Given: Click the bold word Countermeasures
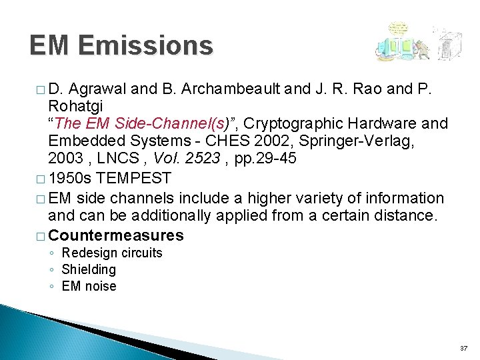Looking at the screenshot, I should click(116, 235).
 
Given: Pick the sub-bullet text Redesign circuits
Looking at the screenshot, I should click(112, 253).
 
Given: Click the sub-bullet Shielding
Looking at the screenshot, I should click(89, 269).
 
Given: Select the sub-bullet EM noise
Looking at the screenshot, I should click(89, 286).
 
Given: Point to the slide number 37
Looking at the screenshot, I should click(463, 349).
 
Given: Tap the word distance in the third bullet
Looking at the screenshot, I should click(407, 216).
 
